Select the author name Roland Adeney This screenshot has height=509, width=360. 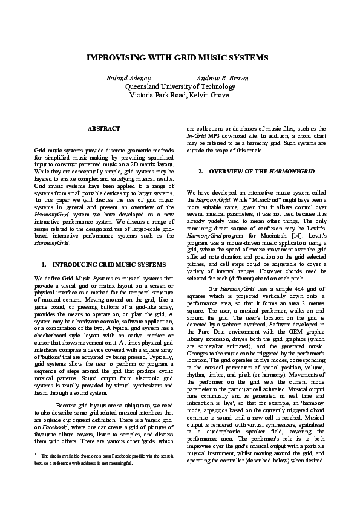click(x=129, y=79)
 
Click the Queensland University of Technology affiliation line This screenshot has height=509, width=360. click(x=180, y=87)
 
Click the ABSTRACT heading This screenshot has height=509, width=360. click(x=103, y=128)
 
